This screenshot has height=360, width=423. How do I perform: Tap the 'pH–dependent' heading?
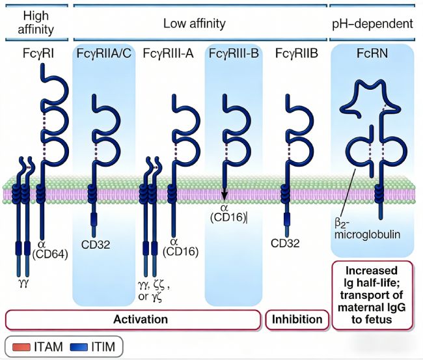click(x=372, y=24)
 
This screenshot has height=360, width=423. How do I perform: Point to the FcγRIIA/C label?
click(x=103, y=52)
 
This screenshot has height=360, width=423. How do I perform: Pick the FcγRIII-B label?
click(x=234, y=52)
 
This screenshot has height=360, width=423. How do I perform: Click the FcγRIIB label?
click(x=296, y=52)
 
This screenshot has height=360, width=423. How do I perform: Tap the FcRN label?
click(x=372, y=52)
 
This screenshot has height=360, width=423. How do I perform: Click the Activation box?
click(x=140, y=320)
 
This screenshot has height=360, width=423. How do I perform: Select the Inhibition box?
click(x=296, y=320)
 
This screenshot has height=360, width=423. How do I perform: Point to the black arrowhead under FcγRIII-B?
click(x=224, y=192)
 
